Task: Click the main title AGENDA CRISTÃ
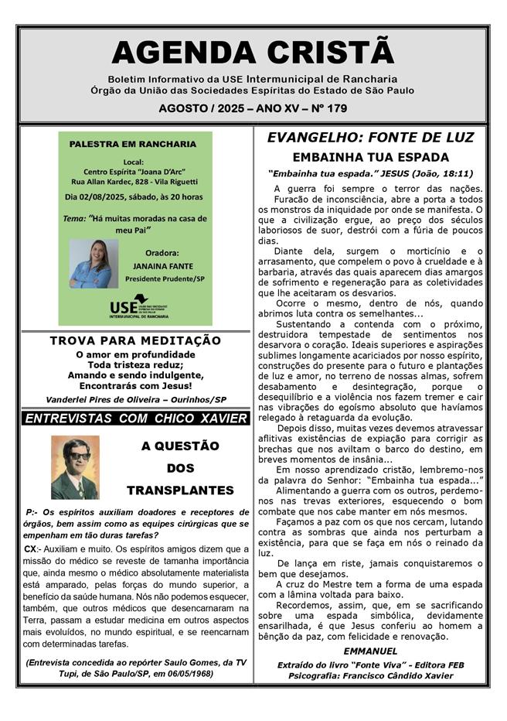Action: (x=253, y=52)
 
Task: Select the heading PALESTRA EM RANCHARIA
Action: (x=133, y=144)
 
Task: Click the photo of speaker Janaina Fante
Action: (x=94, y=263)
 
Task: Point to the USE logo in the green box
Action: (x=138, y=306)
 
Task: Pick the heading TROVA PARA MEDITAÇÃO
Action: (x=135, y=340)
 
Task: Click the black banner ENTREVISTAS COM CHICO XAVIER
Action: (x=135, y=419)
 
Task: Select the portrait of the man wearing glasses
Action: (x=75, y=467)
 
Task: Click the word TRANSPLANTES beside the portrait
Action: (x=180, y=490)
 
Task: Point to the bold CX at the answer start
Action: (x=31, y=548)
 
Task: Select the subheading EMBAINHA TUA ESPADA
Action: (x=370, y=157)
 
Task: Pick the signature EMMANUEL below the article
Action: (x=370, y=651)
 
